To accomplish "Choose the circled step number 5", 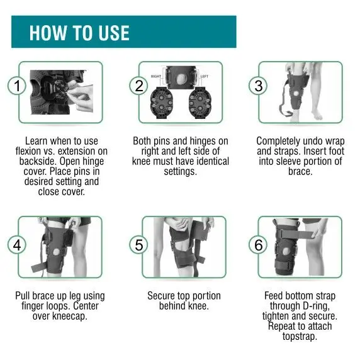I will [138, 244].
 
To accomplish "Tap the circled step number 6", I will [259, 244].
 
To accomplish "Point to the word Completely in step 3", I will [281, 142].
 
